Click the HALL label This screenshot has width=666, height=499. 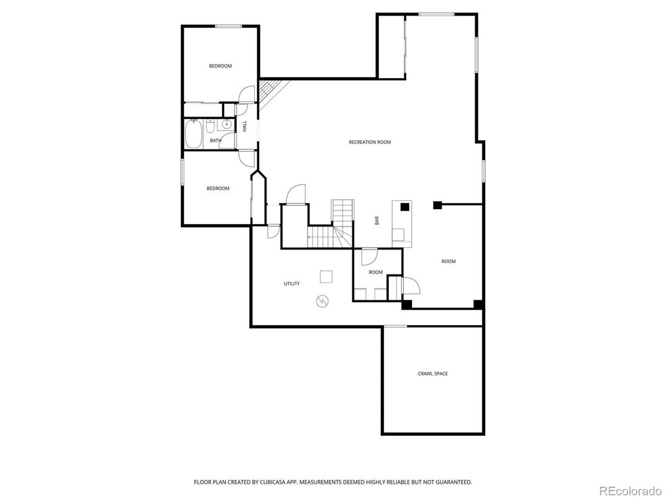click(245, 126)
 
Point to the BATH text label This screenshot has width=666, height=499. click(215, 141)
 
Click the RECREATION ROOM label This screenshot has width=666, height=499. click(370, 142)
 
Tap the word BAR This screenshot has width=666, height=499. click(376, 220)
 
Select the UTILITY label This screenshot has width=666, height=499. click(291, 284)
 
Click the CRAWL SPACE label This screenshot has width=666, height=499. click(432, 374)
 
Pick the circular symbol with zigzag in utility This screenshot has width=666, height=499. click(322, 302)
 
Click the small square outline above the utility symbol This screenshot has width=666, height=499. click(326, 276)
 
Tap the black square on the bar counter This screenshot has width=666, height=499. click(404, 207)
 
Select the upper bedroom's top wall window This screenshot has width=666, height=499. click(228, 26)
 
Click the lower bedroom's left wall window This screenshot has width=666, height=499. click(182, 171)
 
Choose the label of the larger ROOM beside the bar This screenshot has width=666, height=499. click(448, 261)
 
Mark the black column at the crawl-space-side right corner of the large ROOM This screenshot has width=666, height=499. click(478, 304)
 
